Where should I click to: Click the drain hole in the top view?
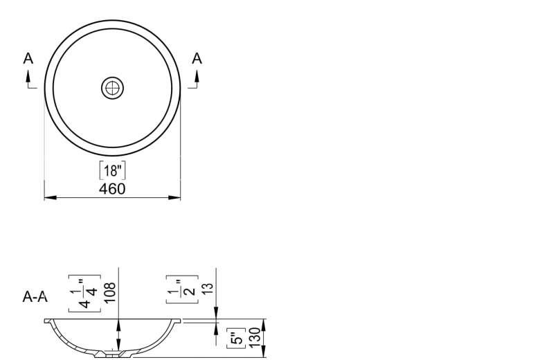point(112,88)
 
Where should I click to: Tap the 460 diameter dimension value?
point(112,189)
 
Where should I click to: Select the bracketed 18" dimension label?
point(112,170)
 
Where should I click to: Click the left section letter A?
point(28,58)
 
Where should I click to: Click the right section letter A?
point(197,58)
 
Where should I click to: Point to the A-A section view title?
point(35,297)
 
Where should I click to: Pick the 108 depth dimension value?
point(111,293)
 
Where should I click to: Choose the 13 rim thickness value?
point(208,288)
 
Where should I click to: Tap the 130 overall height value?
point(255,338)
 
